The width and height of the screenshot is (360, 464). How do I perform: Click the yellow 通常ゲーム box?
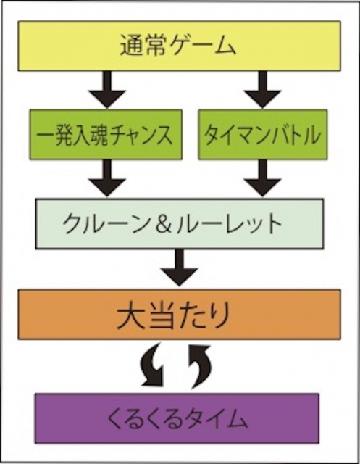[180, 46]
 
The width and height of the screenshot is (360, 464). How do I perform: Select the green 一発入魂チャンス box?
[106, 134]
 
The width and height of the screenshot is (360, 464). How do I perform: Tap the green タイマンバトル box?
[263, 134]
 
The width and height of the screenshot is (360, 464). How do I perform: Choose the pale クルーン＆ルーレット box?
[180, 224]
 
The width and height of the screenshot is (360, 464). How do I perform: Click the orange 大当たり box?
[180, 314]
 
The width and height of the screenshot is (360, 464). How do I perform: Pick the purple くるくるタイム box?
[177, 418]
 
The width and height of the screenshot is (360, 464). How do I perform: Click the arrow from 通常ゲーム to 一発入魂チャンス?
[107, 90]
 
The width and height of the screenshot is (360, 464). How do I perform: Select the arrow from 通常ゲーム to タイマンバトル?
[263, 90]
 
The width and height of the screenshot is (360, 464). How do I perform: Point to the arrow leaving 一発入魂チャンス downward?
[107, 178]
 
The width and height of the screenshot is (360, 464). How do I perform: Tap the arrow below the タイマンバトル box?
[263, 178]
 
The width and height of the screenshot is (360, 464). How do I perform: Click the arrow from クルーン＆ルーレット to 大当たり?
[180, 268]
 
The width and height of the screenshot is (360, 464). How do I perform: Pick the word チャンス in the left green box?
[141, 135]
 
